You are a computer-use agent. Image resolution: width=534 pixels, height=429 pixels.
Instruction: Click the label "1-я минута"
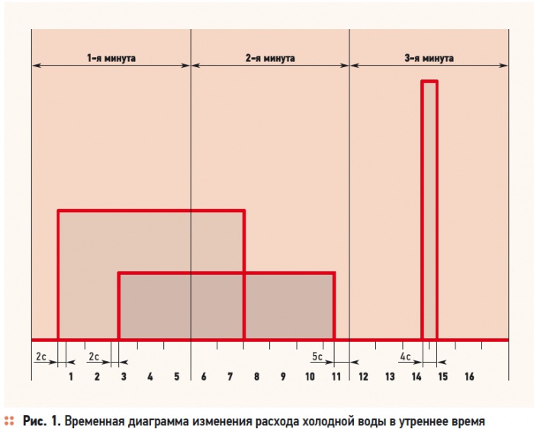pyautogui.click(x=111, y=58)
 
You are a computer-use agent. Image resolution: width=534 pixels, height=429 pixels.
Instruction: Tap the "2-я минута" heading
pyautogui.click(x=270, y=58)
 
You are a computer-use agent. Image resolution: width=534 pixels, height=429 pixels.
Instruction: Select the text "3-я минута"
pyautogui.click(x=429, y=58)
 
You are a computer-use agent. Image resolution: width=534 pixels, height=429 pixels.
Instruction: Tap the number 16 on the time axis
pyautogui.click(x=469, y=377)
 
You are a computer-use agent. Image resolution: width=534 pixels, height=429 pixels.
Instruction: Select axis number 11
pyautogui.click(x=336, y=377)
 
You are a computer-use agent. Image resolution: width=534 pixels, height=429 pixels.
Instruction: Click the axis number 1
pyautogui.click(x=71, y=377)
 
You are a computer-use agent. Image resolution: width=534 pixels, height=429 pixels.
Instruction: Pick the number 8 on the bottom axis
pyautogui.click(x=257, y=377)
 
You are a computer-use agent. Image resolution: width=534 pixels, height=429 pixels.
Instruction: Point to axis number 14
pyautogui.click(x=417, y=377)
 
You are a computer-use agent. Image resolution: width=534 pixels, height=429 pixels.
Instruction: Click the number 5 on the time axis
pyautogui.click(x=177, y=377)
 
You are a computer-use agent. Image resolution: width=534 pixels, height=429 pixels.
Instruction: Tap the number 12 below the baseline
pyautogui.click(x=363, y=377)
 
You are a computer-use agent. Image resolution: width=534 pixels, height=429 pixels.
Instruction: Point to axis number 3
pyautogui.click(x=124, y=377)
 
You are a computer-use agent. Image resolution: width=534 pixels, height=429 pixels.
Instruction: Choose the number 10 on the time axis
pyautogui.click(x=310, y=377)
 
